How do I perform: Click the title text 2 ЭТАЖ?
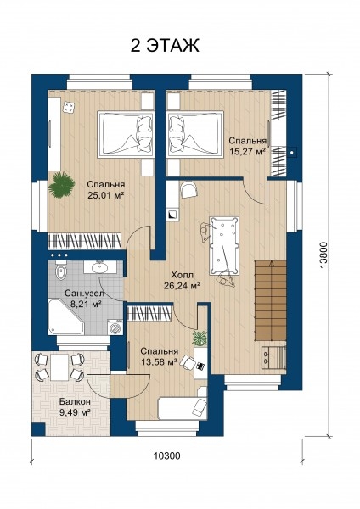pos(165,46)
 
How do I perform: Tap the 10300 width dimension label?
pos(166,456)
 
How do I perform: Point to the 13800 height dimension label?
pos(323,255)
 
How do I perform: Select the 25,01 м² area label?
pos(106,195)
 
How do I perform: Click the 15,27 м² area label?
pos(248,152)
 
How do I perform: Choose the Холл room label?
pos(182,275)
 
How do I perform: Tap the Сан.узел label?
pos(85,294)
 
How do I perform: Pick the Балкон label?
pos(75,401)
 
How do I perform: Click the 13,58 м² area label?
pos(159,361)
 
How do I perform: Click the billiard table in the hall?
pos(224,245)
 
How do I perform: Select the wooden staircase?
pos(270,300)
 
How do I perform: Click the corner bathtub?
pos(65,317)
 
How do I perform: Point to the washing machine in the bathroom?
pos(115,327)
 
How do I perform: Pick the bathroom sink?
pos(99,267)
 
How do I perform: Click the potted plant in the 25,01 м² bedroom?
pos(61,185)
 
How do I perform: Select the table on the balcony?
pos(59,367)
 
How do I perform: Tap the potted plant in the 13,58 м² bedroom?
pos(200,338)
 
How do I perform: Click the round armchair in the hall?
pos(189,190)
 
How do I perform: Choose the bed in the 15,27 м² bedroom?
pos(195,134)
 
